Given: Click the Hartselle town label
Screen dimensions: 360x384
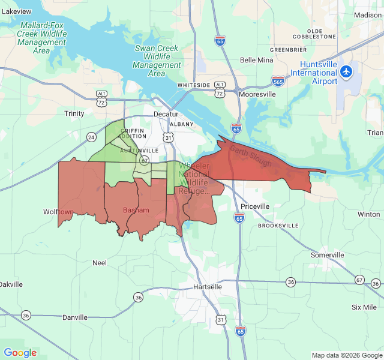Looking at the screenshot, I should click(x=208, y=287).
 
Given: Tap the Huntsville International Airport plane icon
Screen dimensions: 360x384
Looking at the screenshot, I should click(x=346, y=71).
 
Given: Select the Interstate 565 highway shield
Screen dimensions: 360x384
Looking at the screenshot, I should click(x=278, y=80).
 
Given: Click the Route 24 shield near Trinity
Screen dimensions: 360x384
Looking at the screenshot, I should click(x=91, y=137).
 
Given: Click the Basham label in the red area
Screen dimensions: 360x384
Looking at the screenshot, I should click(x=136, y=211).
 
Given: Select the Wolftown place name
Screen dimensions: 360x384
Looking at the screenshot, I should click(x=58, y=212).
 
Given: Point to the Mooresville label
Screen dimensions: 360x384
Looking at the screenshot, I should click(x=257, y=95).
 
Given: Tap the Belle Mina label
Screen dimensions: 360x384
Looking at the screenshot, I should click(x=256, y=60).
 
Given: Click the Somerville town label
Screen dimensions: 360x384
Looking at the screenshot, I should click(x=328, y=255).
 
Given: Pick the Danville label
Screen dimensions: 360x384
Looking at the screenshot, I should click(x=75, y=317).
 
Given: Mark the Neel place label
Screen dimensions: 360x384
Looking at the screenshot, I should click(x=99, y=263).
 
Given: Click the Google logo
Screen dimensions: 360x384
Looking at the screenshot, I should click(x=20, y=353).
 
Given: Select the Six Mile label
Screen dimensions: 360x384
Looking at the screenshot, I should click(x=364, y=307).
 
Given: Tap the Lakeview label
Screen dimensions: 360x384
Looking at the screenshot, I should click(x=16, y=11).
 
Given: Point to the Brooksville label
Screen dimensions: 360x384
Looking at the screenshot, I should click(x=278, y=226).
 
